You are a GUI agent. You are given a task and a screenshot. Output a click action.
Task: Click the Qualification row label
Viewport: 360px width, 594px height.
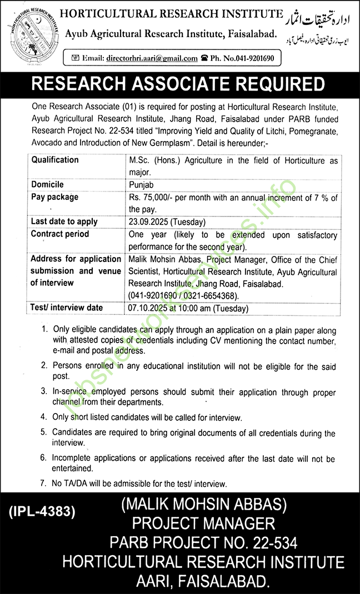pos(55,160)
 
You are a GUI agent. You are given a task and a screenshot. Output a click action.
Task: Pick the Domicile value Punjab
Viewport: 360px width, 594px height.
pos(142,184)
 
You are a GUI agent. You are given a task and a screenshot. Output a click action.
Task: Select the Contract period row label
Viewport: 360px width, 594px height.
pos(60,234)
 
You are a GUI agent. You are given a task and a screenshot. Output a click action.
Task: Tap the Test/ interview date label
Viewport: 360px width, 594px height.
pos(67,307)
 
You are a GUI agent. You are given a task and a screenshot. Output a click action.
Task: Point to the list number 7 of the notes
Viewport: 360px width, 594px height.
pos(43,484)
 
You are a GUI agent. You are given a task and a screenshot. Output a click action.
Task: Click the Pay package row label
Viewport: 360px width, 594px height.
pos(54,197)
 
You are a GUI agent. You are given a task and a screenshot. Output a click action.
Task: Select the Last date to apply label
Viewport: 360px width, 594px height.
pos(64,222)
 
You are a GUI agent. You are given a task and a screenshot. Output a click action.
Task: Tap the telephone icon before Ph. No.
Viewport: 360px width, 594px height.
pos(204,58)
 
